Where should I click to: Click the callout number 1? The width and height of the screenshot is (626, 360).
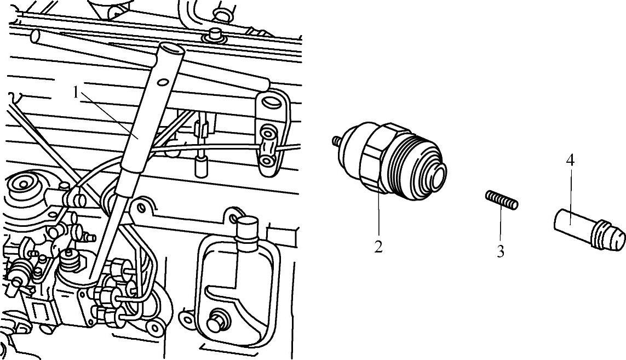[76, 92]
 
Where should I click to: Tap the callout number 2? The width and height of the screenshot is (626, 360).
[378, 246]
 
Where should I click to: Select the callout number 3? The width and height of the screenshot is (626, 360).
[500, 252]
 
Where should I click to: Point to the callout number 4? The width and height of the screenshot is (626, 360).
[570, 161]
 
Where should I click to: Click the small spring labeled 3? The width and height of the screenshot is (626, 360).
[502, 200]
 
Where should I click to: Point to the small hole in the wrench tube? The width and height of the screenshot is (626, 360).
[163, 83]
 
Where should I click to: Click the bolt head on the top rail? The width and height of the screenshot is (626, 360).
[216, 35]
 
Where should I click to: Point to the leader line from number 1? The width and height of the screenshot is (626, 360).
[108, 115]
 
